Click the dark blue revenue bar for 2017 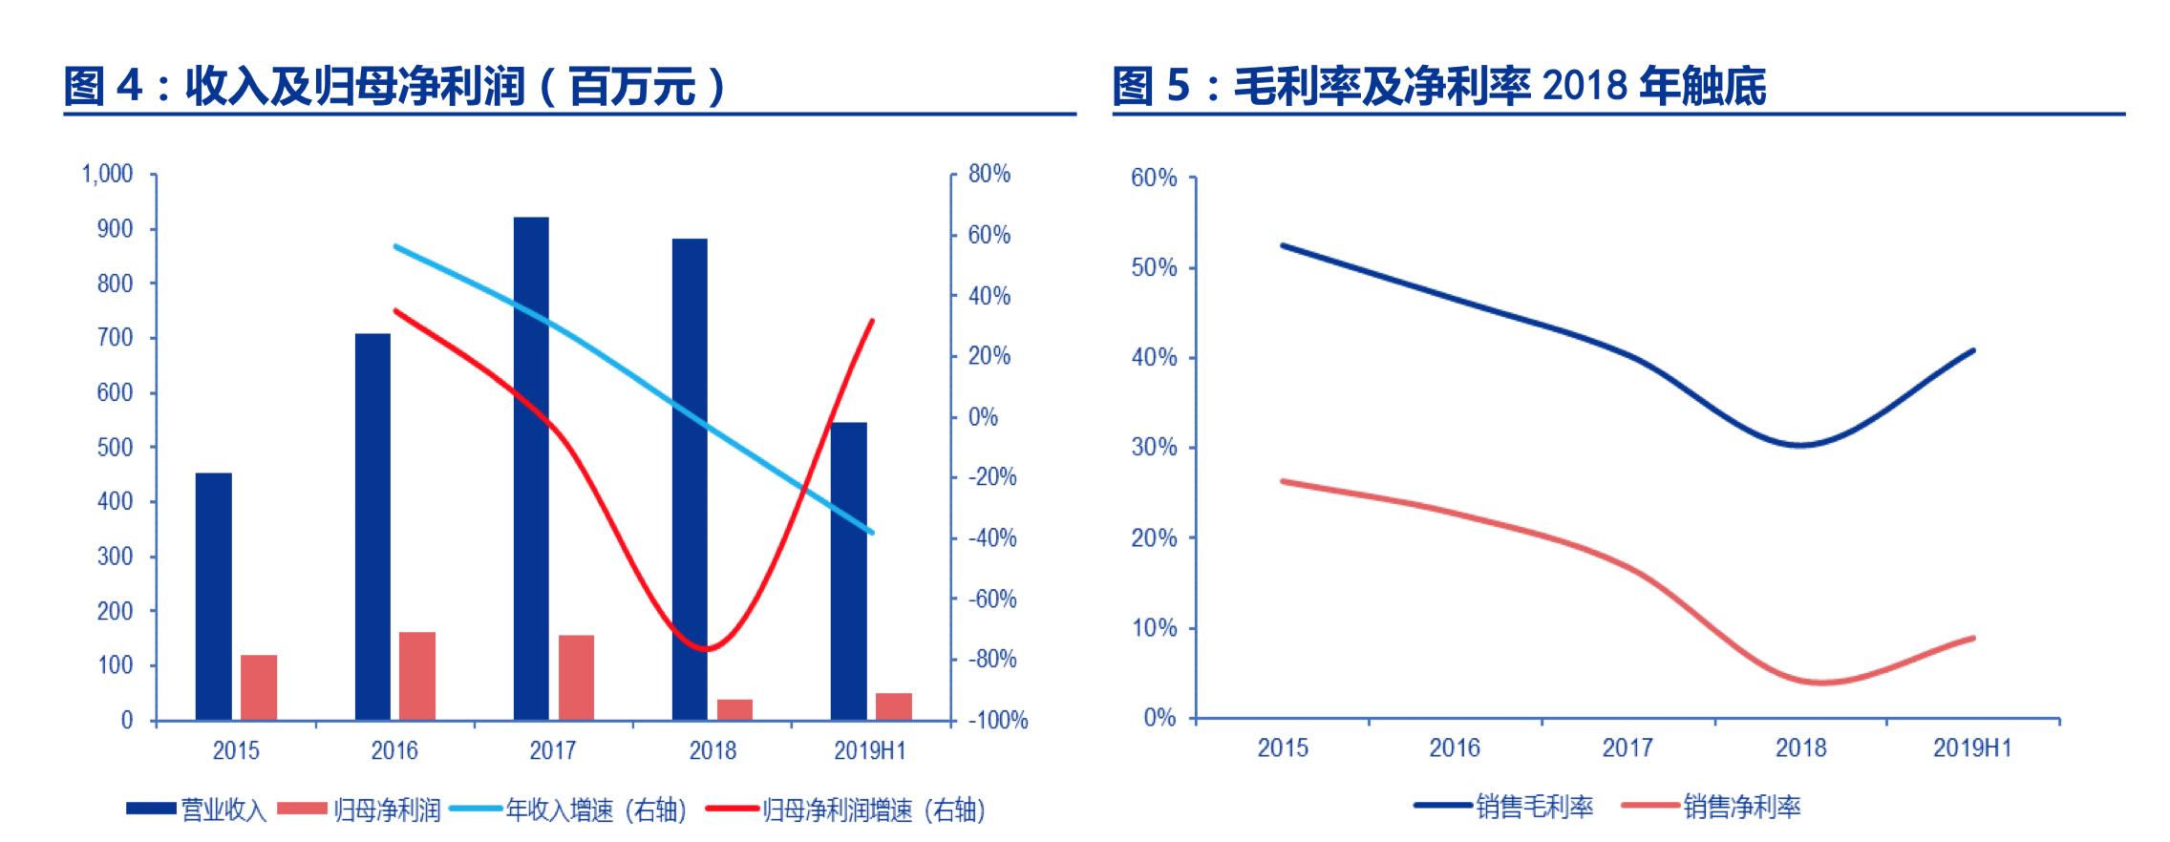(x=531, y=468)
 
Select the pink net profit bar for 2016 (x=417, y=676)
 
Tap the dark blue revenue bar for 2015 (x=214, y=596)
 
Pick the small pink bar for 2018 (x=734, y=709)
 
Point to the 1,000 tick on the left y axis (x=107, y=174)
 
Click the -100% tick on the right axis (x=998, y=721)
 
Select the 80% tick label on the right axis (x=989, y=174)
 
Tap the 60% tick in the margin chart (x=1153, y=179)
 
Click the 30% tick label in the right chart (x=1153, y=448)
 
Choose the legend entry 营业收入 (x=197, y=810)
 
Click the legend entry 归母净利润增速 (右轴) (x=846, y=810)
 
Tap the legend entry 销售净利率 (x=1712, y=807)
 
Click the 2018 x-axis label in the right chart (x=1800, y=747)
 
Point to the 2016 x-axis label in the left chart (x=394, y=750)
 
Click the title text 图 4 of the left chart (x=103, y=87)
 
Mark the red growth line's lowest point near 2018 (x=705, y=650)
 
